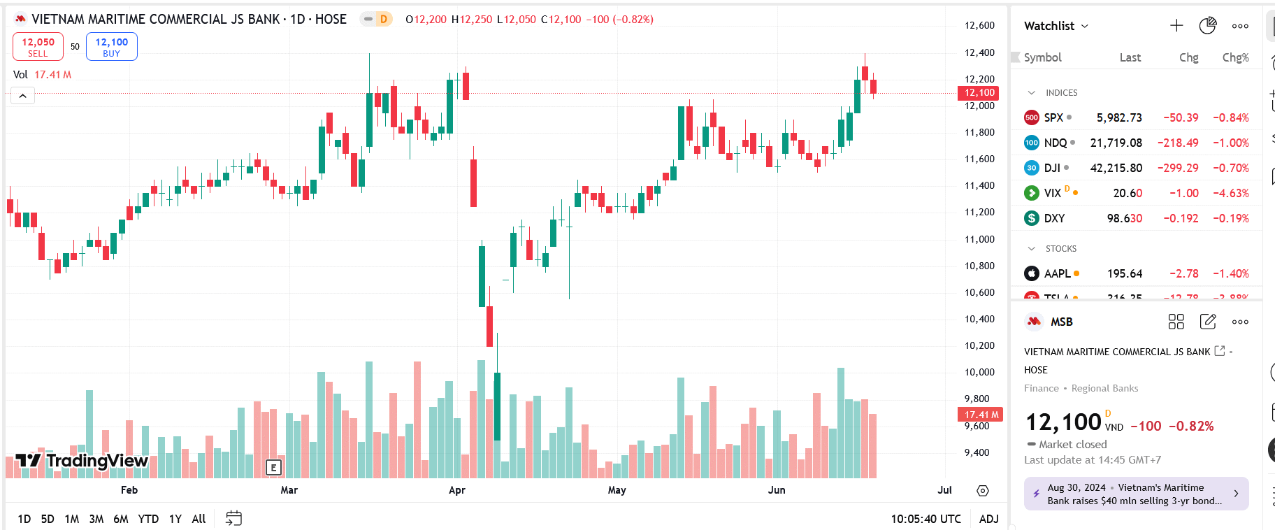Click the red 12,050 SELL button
pos(38,47)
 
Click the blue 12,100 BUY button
pos(112,47)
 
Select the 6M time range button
pos(121,519)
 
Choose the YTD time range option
pos(148,519)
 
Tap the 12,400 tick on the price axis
pos(979,52)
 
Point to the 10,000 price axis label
pos(979,372)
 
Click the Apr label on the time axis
pos(457,490)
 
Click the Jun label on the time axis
pos(777,490)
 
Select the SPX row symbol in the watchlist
pos(1053,117)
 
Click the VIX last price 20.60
pos(1128,193)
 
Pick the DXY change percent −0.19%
pos(1230,218)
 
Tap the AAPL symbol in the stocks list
pos(1057,273)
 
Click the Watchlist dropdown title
pos(1056,26)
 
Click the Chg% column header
pos(1235,57)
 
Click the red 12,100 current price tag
pos(979,93)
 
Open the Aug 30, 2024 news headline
pos(1135,494)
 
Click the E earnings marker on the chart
pos(273,468)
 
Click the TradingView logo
pos(82,460)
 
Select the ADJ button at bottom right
pos(988,519)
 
